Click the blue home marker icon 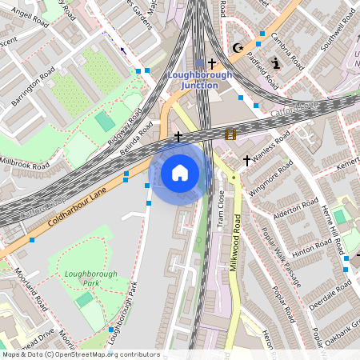pos(180,172)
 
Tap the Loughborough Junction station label pos(200,80)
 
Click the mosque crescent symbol pos(237,49)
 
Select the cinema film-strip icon pos(230,135)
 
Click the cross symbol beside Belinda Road pos(178,137)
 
